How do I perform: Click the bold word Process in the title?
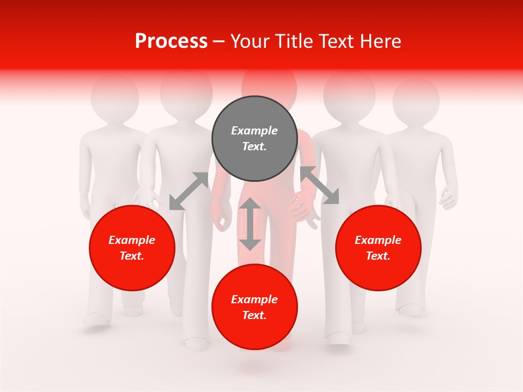pyautogui.click(x=171, y=41)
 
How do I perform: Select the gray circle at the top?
pyautogui.click(x=254, y=138)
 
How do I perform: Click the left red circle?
pyautogui.click(x=132, y=248)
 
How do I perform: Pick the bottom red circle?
pyautogui.click(x=254, y=307)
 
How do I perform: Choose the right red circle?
pyautogui.click(x=378, y=248)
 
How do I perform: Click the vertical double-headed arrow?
pyautogui.click(x=250, y=224)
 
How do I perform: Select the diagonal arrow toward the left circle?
pyautogui.click(x=188, y=191)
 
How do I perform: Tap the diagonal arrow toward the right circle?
pyautogui.click(x=320, y=185)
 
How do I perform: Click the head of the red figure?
pyautogui.click(x=269, y=84)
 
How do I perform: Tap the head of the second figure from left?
pyautogui.click(x=186, y=90)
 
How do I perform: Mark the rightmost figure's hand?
pyautogui.click(x=448, y=198)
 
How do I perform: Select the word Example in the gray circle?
pyautogui.click(x=254, y=131)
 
